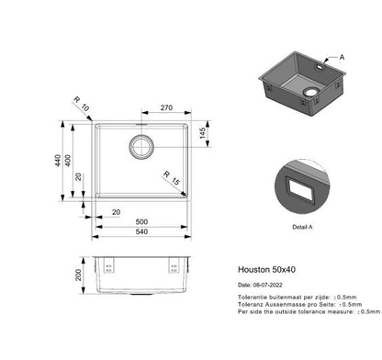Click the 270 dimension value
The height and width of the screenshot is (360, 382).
pos(166,107)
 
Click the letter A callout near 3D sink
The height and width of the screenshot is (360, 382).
pos(343,57)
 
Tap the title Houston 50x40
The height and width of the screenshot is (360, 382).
pos(261,272)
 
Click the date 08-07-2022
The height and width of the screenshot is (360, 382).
pos(266,285)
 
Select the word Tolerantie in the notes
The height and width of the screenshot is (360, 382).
pos(253,297)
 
